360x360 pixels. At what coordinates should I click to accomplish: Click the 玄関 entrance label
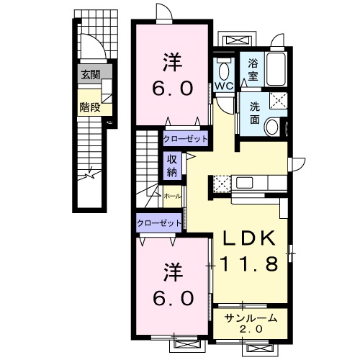coord(90,75)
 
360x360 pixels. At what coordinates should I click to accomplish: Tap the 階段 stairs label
coord(90,107)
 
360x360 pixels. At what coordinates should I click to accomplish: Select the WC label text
coord(224,86)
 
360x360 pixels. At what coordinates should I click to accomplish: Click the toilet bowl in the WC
coord(224,71)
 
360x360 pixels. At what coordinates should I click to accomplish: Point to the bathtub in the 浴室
coord(276,69)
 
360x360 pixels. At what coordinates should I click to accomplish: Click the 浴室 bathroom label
coord(253,70)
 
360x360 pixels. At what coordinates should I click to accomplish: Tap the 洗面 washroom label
coord(255,113)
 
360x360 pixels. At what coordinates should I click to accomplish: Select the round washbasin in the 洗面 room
coord(271,127)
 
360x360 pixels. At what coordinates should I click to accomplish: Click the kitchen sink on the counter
coord(244,183)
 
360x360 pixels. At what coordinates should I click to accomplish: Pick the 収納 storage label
coord(172,166)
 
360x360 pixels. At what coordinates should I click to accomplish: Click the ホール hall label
coord(172,197)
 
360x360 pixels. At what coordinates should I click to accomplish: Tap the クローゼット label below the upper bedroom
coord(185,139)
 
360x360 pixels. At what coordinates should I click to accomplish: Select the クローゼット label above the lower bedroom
coord(159,223)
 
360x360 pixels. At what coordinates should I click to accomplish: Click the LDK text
coord(249,238)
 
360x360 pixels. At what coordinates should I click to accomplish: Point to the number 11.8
coord(249,264)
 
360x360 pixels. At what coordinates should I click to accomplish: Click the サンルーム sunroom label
coord(251,318)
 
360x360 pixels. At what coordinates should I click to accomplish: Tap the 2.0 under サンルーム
coord(251,329)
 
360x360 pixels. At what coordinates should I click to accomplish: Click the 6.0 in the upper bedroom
coord(173,88)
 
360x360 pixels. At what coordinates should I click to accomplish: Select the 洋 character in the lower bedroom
coord(173,272)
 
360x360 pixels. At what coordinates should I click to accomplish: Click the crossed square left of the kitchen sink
coord(222,184)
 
